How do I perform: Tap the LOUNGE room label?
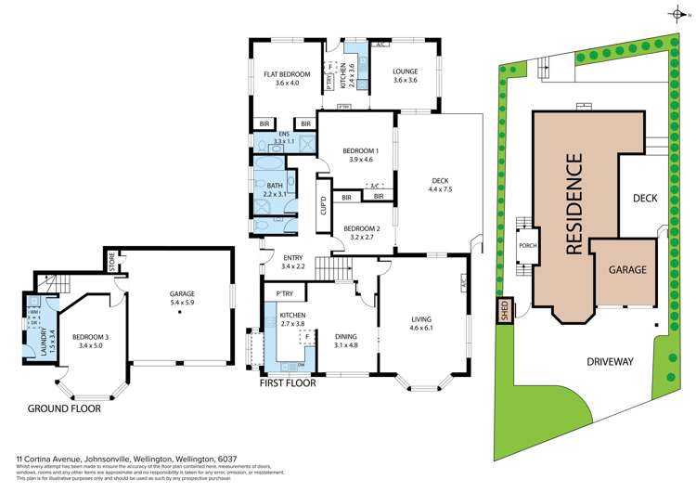click(x=405, y=71)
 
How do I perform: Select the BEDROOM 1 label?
click(x=360, y=150)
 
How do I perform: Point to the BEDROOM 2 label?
click(x=360, y=227)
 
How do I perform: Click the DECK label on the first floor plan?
click(x=439, y=181)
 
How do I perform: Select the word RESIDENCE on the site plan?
click(x=574, y=203)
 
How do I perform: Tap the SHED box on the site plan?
click(x=505, y=310)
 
